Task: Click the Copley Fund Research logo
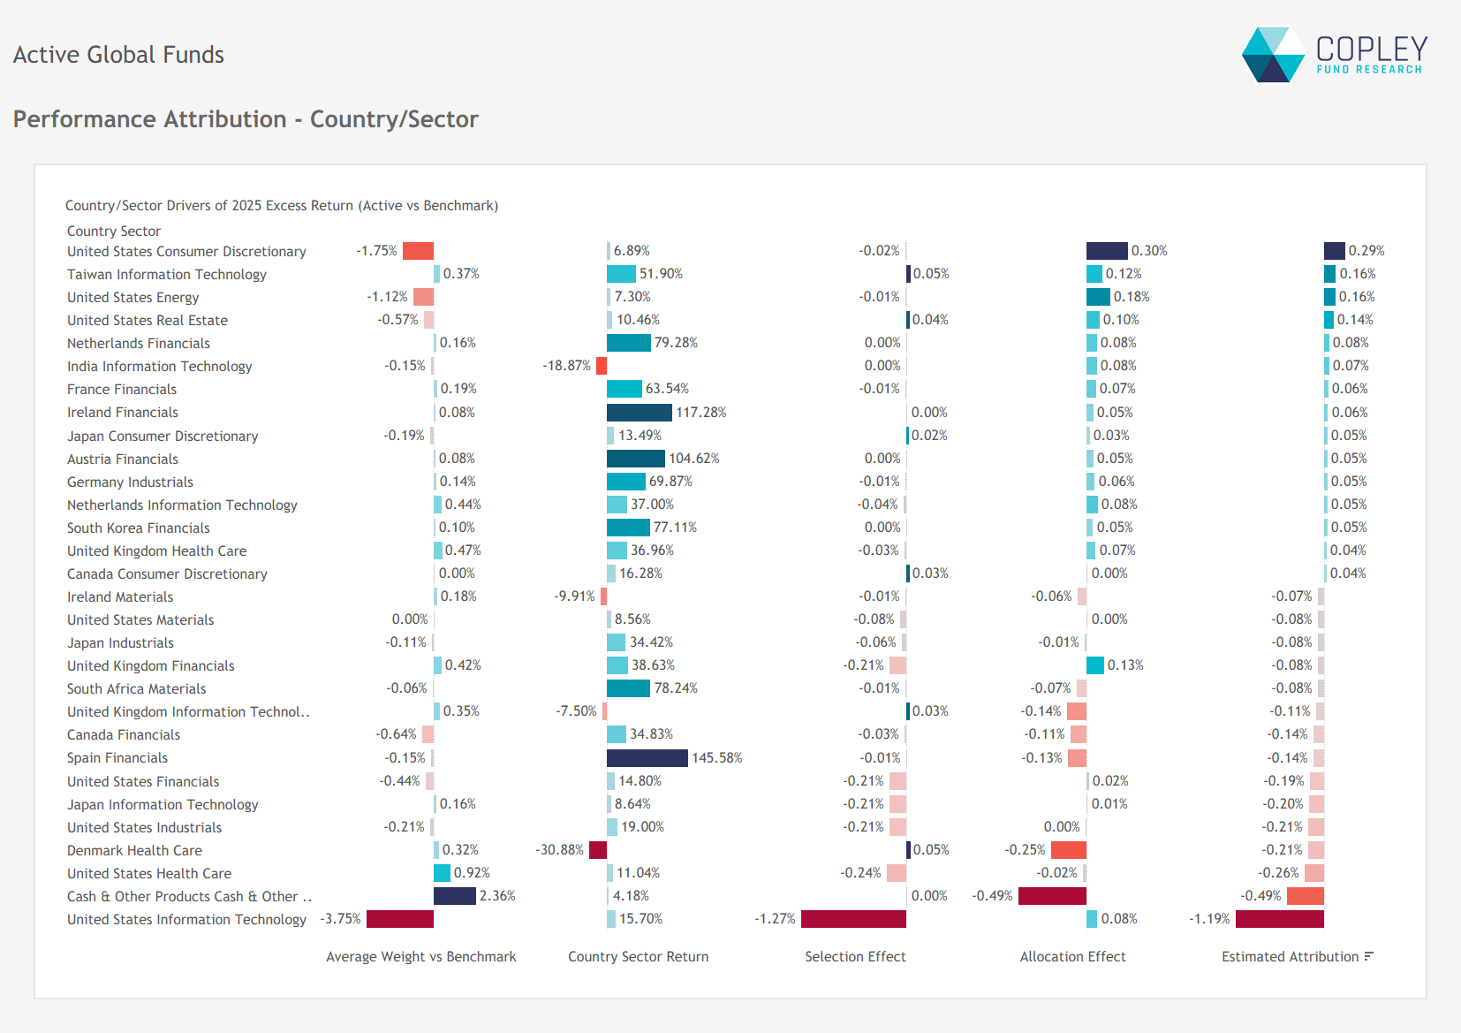[x=1334, y=55]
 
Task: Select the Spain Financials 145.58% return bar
[x=647, y=758]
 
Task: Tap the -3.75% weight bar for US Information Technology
[x=399, y=919]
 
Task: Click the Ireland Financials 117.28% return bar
[x=639, y=413]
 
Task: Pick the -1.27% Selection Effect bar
[x=853, y=919]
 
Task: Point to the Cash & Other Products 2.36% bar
[x=455, y=896]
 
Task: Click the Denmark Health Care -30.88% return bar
[x=598, y=850]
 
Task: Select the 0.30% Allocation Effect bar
[x=1107, y=251]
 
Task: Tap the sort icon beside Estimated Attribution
[x=1368, y=956]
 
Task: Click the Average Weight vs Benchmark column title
[x=420, y=956]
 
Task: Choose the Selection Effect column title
[x=855, y=956]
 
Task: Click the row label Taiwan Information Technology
[x=167, y=275]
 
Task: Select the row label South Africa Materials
[x=137, y=689]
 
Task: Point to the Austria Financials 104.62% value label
[x=693, y=459]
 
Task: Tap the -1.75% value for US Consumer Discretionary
[x=376, y=251]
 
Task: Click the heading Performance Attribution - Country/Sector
[x=246, y=119]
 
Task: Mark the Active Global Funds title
[x=118, y=55]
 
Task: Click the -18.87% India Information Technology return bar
[x=602, y=366]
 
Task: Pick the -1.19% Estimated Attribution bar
[x=1279, y=919]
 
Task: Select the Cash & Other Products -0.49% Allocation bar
[x=1052, y=896]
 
